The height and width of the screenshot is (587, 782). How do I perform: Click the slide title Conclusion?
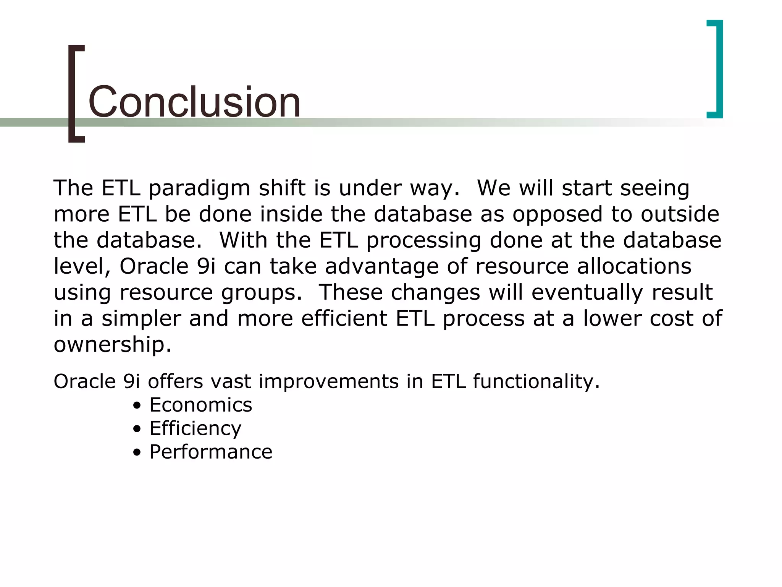(194, 102)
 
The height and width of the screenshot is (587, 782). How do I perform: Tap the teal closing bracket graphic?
(718, 69)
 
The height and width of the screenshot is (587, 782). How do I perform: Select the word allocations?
(634, 266)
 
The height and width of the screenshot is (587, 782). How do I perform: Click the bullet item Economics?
(200, 405)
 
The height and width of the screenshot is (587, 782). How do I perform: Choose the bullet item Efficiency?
(195, 428)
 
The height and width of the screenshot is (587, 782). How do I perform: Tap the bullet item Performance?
(211, 452)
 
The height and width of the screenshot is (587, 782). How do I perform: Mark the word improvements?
(328, 381)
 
